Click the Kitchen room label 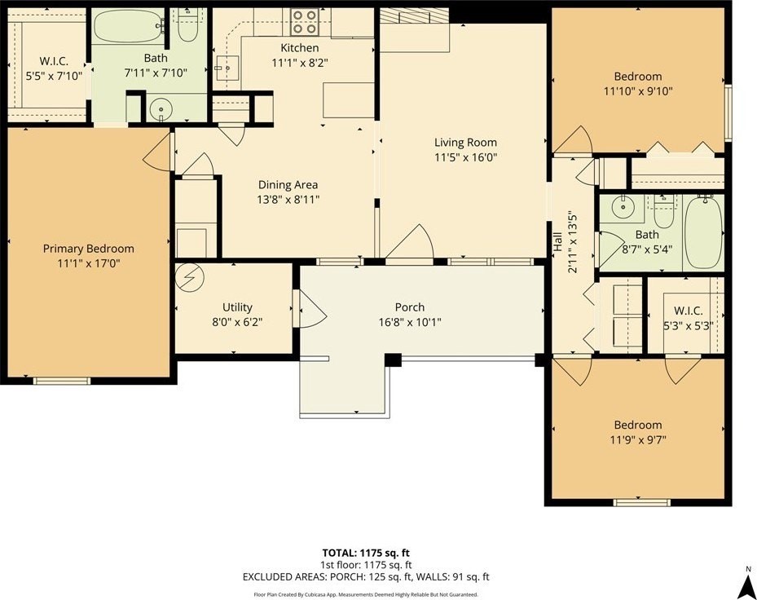coord(299,48)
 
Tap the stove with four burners coord(304,22)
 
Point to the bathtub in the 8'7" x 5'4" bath coord(703,232)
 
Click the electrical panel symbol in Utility coord(190,277)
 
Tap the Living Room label coord(465,143)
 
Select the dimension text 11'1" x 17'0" coord(88,264)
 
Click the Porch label coord(410,307)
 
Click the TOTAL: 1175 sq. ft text coord(366,553)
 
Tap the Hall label coord(557,241)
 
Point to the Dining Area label coord(288,184)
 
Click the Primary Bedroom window coord(62,381)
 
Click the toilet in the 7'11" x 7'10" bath coord(187,27)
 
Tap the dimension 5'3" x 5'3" coord(688,325)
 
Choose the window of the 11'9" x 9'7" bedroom coord(641,502)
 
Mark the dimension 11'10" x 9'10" coord(638,91)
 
